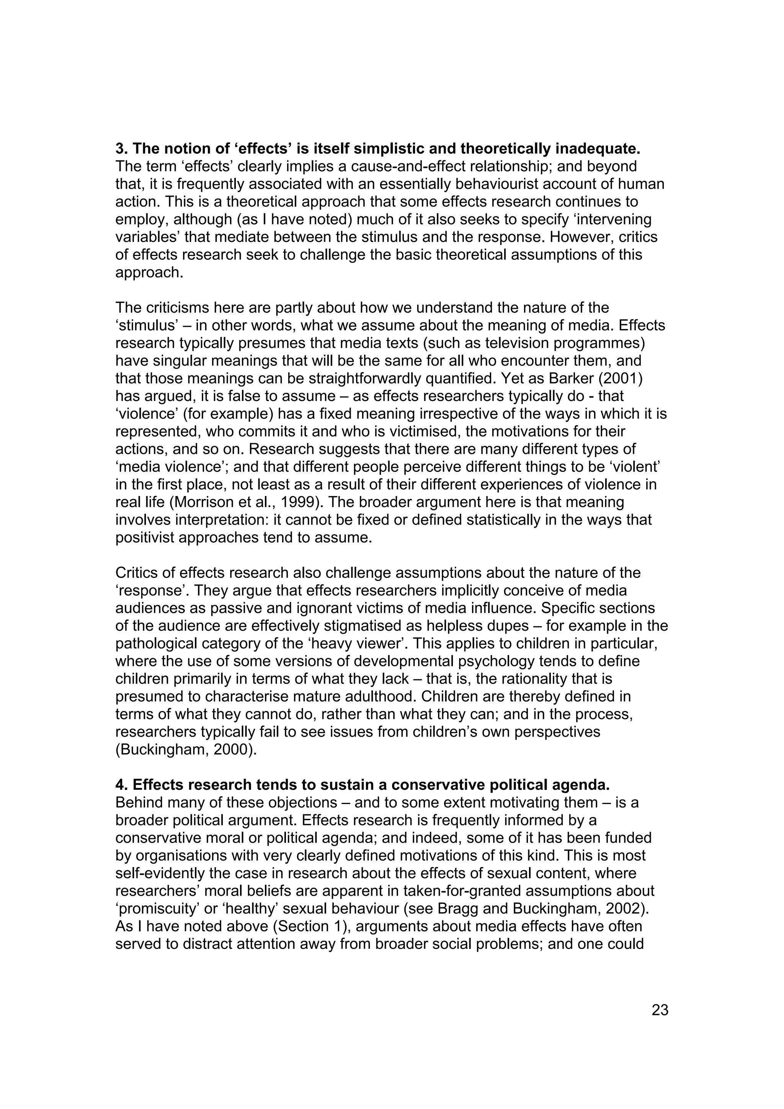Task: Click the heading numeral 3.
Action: pos(119,148)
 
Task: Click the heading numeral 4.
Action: pos(119,785)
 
